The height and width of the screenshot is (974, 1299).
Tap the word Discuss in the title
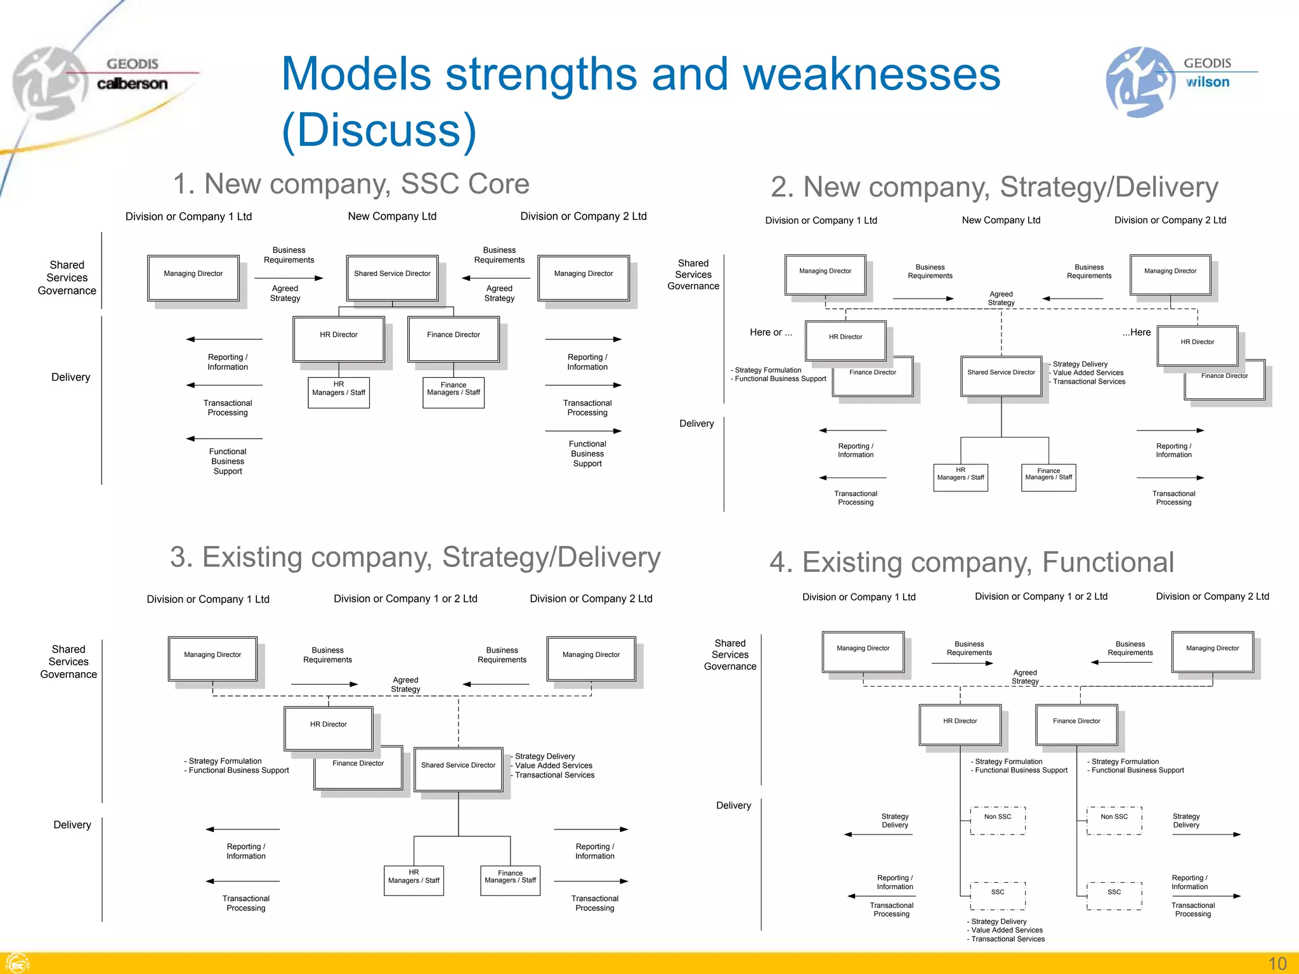[x=379, y=131]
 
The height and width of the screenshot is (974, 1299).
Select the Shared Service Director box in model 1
[x=392, y=277]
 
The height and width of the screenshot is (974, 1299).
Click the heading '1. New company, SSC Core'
[x=351, y=185]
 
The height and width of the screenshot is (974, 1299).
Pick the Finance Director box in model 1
[x=453, y=339]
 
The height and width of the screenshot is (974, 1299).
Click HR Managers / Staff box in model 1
[x=339, y=392]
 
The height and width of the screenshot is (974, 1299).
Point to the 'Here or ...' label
[x=770, y=332]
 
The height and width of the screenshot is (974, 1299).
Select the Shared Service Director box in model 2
[x=1001, y=375]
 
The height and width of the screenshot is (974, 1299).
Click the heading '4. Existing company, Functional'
[x=972, y=562]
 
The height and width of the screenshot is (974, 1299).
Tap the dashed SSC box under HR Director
[x=998, y=895]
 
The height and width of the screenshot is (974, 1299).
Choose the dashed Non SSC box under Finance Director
[x=1114, y=820]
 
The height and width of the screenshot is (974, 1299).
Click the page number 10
[x=1277, y=963]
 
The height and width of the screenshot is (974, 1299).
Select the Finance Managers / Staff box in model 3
[x=510, y=880]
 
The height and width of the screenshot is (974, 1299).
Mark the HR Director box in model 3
[x=328, y=727]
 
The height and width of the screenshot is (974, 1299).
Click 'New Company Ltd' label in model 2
[x=1001, y=220]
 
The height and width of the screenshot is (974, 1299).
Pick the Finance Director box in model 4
[x=1076, y=724]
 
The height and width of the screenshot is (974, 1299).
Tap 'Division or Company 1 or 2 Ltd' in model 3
[x=405, y=599]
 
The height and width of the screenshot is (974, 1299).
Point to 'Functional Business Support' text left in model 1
[x=227, y=461]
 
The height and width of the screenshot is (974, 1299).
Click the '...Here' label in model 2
[x=1136, y=332]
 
